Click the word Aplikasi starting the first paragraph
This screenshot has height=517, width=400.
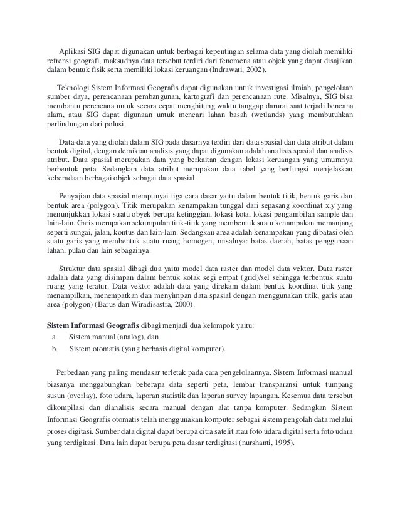pyautogui.click(x=74, y=51)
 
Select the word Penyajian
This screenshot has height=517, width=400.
pyautogui.click(x=76, y=195)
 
